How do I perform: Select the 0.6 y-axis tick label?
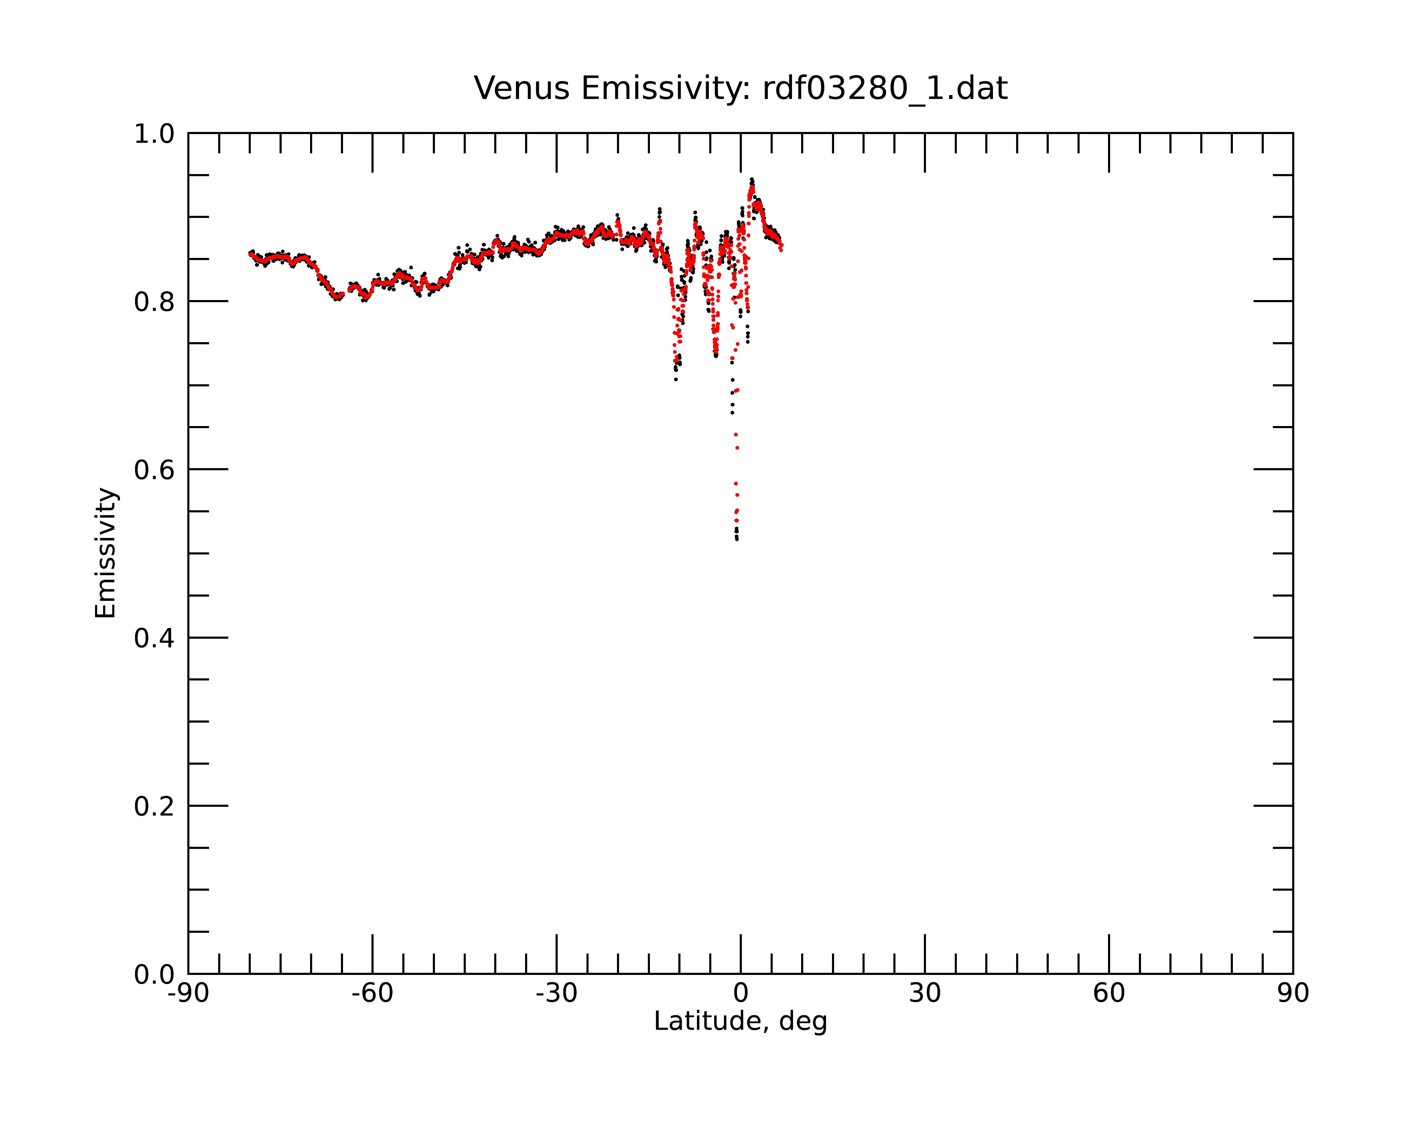154,470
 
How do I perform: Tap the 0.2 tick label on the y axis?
154,806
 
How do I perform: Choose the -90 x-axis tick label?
188,994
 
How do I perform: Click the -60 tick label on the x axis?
372,994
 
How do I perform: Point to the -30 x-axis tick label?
556,994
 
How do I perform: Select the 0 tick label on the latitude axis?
740,994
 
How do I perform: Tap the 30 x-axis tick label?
925,994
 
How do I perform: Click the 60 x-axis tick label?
1109,994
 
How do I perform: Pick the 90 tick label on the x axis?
1293,994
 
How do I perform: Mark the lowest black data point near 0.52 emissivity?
737,539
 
